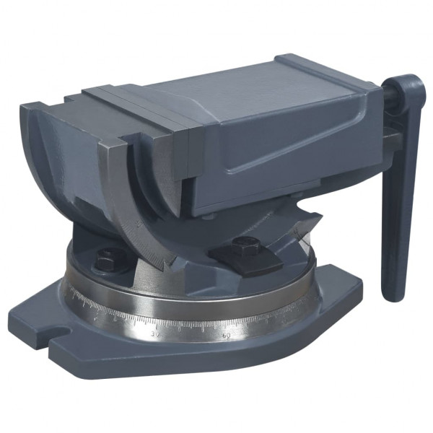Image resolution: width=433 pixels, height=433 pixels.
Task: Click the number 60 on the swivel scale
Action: click(x=227, y=335)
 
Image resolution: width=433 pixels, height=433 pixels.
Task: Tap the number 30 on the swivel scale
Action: click(x=154, y=334)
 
